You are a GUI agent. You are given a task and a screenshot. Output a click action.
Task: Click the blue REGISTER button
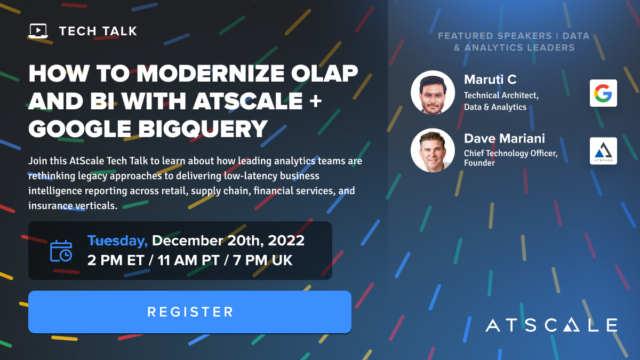(x=190, y=311)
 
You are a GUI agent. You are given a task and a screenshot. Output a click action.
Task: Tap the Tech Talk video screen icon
(x=38, y=31)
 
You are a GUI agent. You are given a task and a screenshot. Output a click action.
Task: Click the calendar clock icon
(x=61, y=251)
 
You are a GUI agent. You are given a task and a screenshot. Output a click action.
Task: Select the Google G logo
(x=603, y=93)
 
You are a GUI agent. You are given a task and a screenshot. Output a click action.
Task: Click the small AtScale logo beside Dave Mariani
(x=603, y=151)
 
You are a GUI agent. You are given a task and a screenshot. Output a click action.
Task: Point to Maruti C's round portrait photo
(x=433, y=93)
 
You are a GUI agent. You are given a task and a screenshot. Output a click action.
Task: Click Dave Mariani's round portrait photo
(x=433, y=150)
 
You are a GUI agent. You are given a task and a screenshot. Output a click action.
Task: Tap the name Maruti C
(x=490, y=79)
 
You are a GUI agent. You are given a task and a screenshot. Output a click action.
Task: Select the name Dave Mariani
(x=505, y=139)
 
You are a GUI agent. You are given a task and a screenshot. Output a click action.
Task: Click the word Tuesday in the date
(x=117, y=241)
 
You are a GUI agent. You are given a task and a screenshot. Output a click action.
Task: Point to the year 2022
(x=286, y=241)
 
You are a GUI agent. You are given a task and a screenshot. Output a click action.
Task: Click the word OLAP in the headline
(x=324, y=73)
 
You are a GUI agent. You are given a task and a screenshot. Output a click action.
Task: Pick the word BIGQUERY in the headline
(x=203, y=129)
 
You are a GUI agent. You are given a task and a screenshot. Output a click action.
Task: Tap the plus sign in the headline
(x=315, y=101)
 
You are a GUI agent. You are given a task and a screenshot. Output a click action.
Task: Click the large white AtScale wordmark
(x=551, y=325)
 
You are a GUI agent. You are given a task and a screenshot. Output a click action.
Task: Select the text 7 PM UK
(x=262, y=260)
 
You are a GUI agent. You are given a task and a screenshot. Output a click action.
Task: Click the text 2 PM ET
(x=116, y=260)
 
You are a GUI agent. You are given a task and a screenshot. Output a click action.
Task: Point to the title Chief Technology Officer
(x=510, y=153)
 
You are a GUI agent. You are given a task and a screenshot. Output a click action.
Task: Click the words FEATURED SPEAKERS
(x=495, y=36)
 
